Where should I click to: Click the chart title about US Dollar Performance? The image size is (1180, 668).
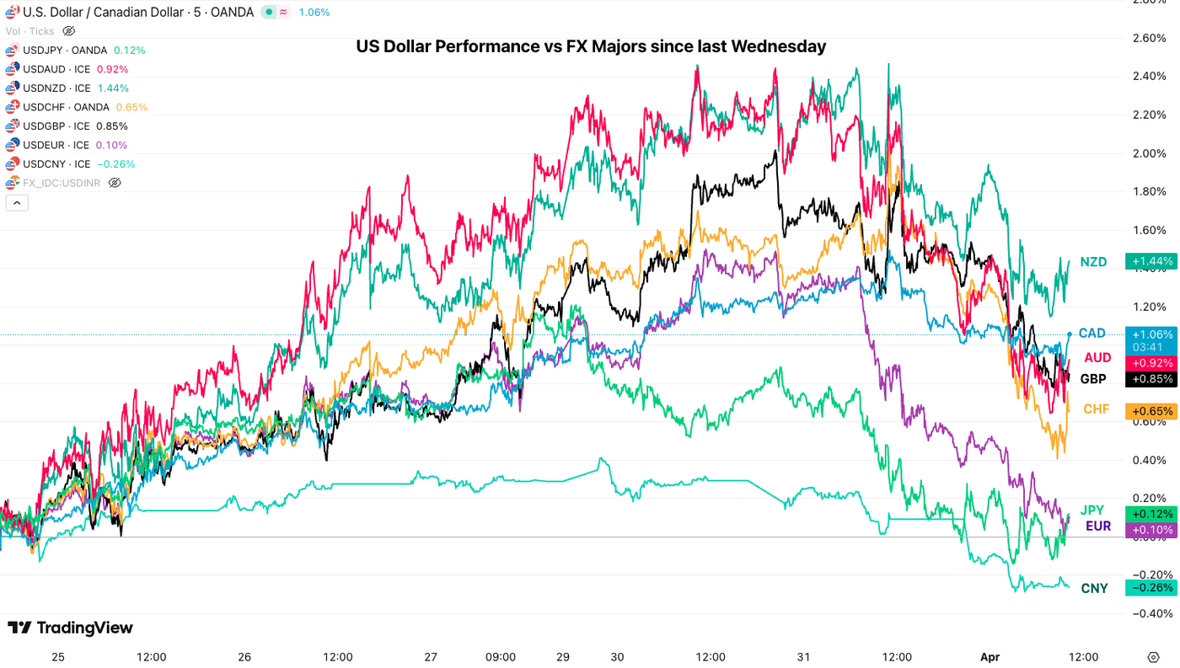tap(590, 47)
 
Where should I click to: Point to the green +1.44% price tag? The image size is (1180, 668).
tap(1151, 261)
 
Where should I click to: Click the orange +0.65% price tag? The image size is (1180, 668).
tap(1151, 411)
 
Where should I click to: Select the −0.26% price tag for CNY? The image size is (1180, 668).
tap(1151, 587)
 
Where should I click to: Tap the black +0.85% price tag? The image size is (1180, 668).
tap(1151, 379)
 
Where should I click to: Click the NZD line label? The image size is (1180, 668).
tap(1093, 262)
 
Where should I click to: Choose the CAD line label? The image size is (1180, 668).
tap(1091, 334)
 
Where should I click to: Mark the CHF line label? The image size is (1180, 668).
tap(1096, 409)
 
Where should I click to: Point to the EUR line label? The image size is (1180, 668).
tap(1098, 526)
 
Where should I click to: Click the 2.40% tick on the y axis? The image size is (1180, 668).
tap(1150, 77)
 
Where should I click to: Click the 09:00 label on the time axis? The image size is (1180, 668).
tap(500, 657)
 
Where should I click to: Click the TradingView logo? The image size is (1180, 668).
tap(71, 628)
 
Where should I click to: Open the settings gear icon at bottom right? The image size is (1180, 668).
tap(1154, 657)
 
